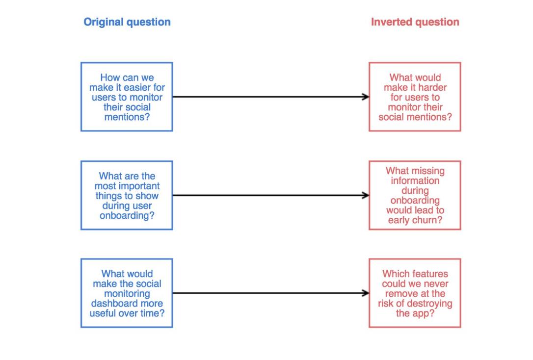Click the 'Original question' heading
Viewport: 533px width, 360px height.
(127, 22)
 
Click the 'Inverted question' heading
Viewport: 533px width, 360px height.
(415, 22)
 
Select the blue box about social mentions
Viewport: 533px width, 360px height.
(127, 97)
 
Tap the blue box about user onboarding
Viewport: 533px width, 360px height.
(127, 195)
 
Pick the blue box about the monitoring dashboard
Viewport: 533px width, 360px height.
(127, 293)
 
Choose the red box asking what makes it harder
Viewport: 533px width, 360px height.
(415, 97)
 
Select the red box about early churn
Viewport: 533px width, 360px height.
(415, 195)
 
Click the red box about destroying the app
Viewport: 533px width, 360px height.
(415, 293)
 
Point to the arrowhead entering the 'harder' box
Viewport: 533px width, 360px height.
(366, 97)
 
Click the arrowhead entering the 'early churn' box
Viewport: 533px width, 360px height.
(366, 195)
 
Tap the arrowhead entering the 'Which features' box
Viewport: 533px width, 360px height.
(366, 293)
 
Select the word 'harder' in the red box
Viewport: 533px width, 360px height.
(430, 87)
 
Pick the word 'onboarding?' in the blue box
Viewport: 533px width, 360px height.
(127, 216)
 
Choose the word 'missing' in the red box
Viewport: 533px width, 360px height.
(428, 171)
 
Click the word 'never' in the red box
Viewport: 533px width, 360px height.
(436, 283)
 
